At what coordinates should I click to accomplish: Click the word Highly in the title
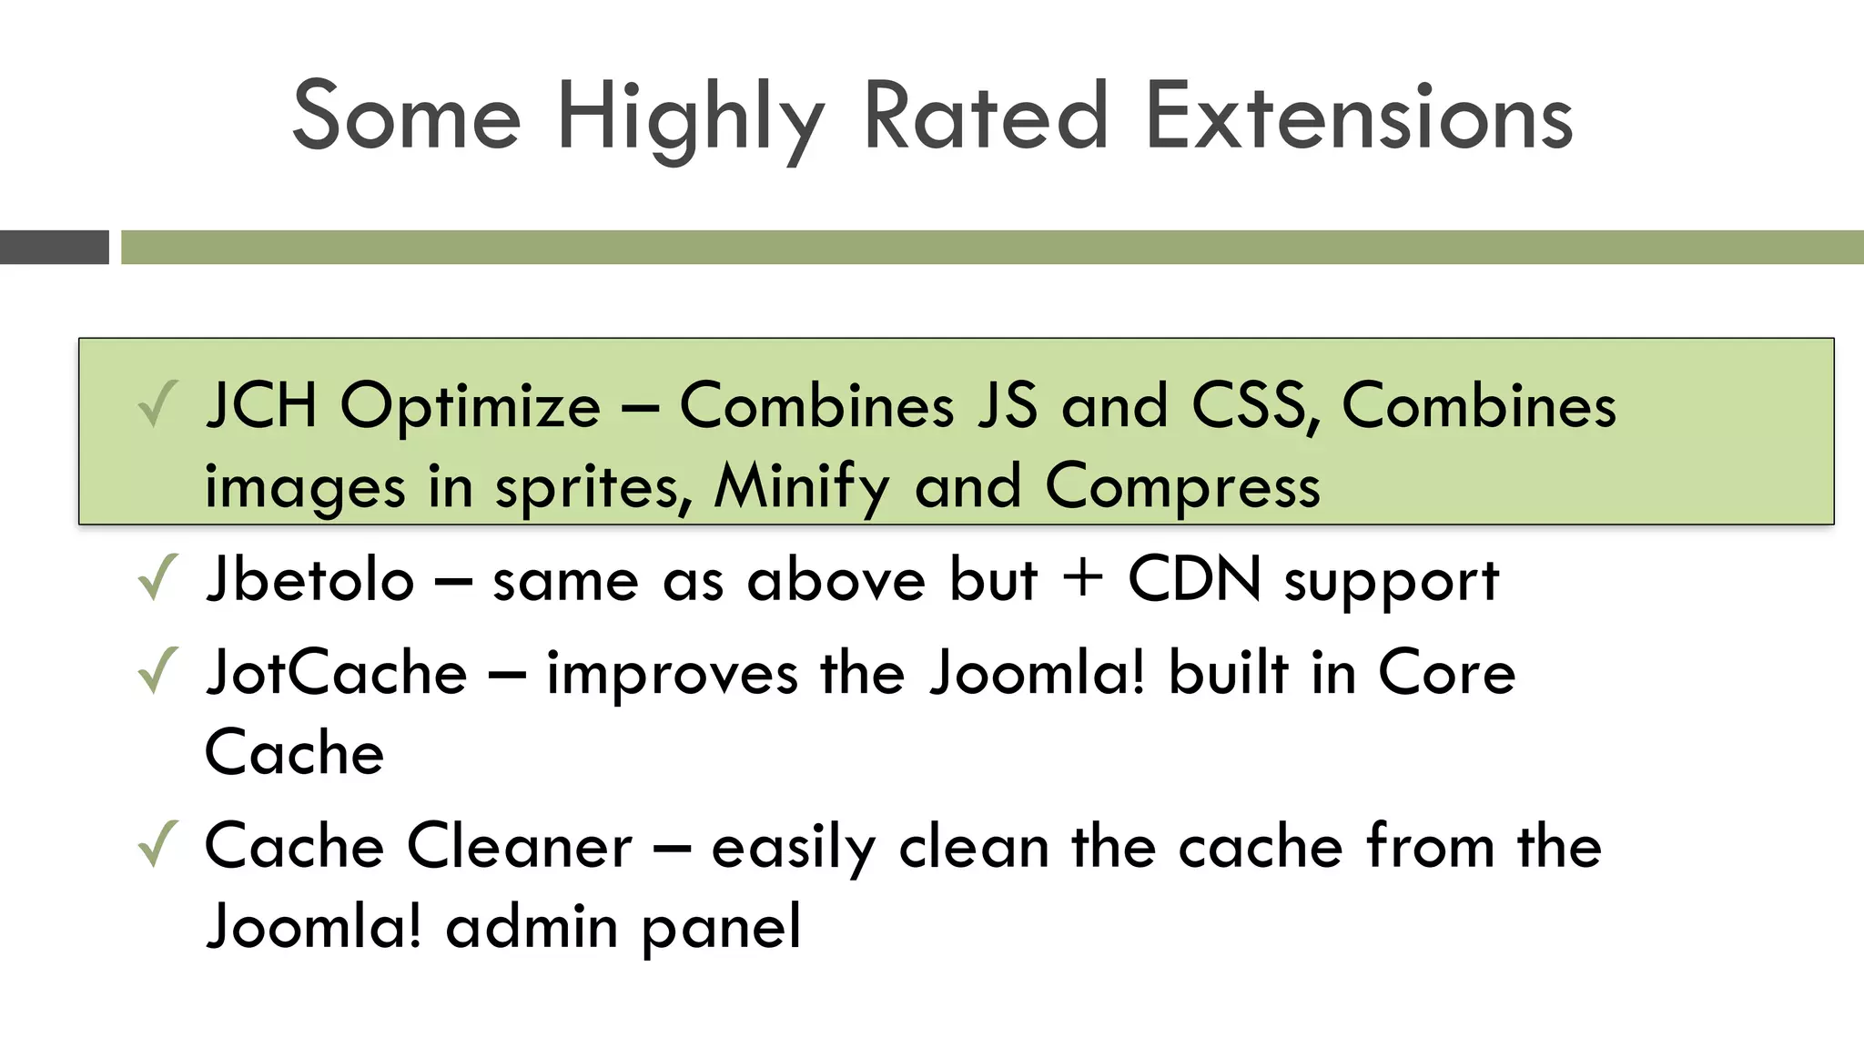(690, 118)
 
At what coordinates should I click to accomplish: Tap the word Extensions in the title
(1359, 118)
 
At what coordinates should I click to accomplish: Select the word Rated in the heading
(986, 118)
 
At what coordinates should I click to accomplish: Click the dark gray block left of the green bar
(54, 247)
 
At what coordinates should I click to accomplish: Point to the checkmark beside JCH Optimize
(157, 405)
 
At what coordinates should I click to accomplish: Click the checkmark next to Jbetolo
(157, 579)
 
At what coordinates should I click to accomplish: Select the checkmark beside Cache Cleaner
(157, 845)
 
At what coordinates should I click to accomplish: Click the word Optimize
(470, 407)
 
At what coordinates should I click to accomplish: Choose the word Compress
(1182, 488)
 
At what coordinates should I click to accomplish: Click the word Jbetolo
(309, 580)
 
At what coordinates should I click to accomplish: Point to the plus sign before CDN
(1083, 580)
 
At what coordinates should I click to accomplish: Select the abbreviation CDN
(1194, 579)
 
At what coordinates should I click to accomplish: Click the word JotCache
(336, 673)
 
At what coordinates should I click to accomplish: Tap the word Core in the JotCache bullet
(1446, 673)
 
